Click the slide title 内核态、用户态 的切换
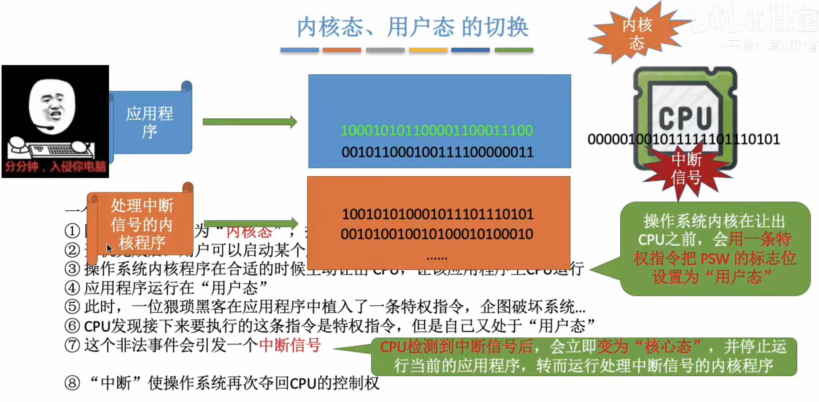pyautogui.click(x=413, y=27)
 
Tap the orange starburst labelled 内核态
pyautogui.click(x=637, y=34)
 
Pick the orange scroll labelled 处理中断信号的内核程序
pyautogui.click(x=142, y=224)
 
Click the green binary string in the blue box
pyautogui.click(x=437, y=131)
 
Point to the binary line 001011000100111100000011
pyautogui.click(x=437, y=152)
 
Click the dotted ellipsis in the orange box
pyautogui.click(x=437, y=258)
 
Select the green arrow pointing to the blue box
pyautogui.click(x=250, y=122)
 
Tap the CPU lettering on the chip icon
pyautogui.click(x=685, y=118)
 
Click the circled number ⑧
pyautogui.click(x=72, y=383)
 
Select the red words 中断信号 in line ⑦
pyautogui.click(x=290, y=345)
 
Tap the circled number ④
pyautogui.click(x=72, y=288)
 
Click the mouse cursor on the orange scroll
pyautogui.click(x=109, y=248)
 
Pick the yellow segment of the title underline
pyautogui.click(x=428, y=50)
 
